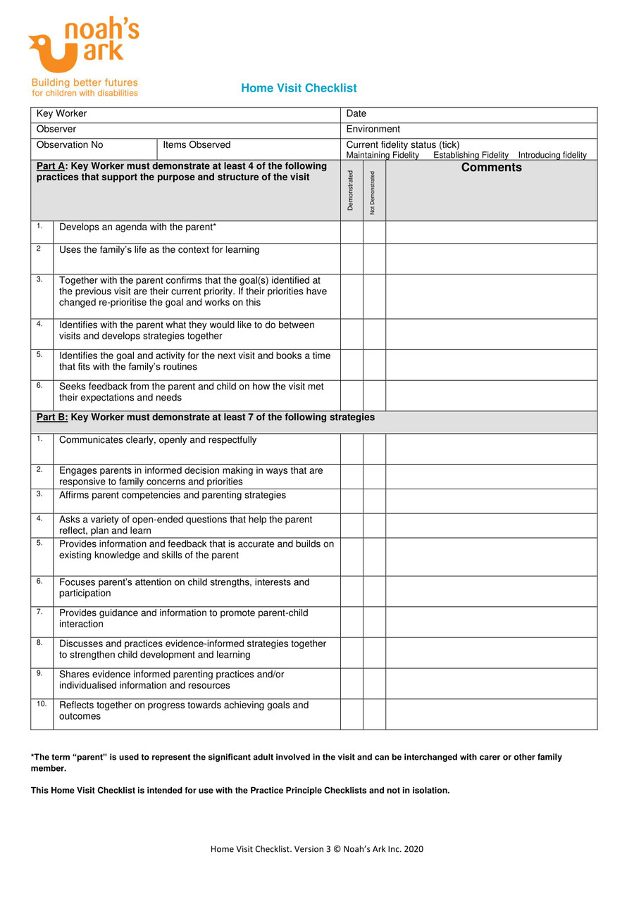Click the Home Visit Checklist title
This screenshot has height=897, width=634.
tap(299, 88)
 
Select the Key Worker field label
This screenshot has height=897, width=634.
tap(62, 114)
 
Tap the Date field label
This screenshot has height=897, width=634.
tap(356, 114)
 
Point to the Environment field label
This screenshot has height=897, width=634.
tap(373, 130)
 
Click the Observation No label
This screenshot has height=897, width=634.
tap(70, 145)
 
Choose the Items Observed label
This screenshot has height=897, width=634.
tap(197, 145)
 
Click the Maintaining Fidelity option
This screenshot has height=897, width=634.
tap(383, 155)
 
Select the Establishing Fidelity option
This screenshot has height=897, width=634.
tap(471, 155)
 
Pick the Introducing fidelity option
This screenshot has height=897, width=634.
tap(552, 155)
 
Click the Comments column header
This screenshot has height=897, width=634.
tap(491, 168)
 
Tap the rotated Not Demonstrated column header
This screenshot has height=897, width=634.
tap(373, 192)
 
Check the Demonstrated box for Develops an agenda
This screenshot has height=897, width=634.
tap(352, 232)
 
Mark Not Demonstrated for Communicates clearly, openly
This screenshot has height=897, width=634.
tap(374, 448)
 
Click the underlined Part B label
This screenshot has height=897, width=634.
tap(52, 418)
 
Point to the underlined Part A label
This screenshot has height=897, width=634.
tap(52, 167)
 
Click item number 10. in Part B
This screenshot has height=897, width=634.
tap(41, 704)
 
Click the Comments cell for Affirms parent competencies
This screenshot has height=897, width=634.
tap(491, 501)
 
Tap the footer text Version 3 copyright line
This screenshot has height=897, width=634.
tap(317, 849)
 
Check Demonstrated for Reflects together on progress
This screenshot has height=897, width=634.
tap(352, 714)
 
